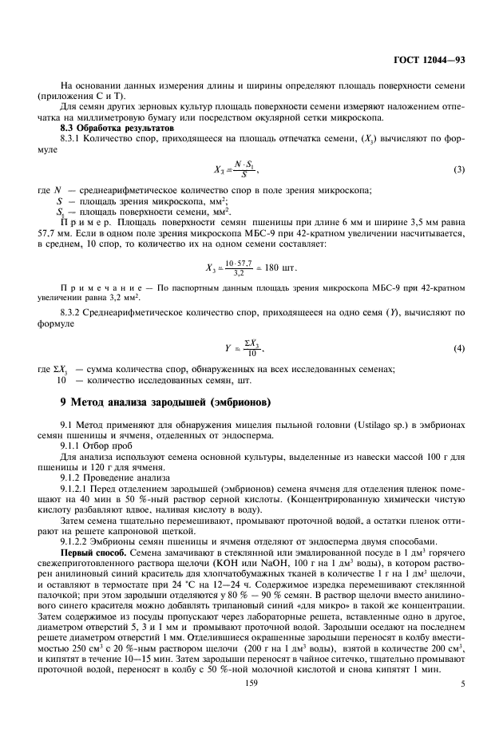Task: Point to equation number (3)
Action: click(459, 169)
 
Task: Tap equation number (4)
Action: click(459, 348)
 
